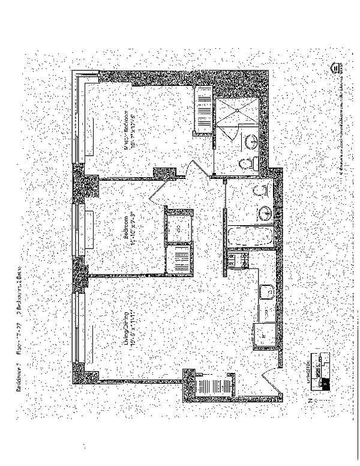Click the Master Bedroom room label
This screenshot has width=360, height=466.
tap(127, 138)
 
